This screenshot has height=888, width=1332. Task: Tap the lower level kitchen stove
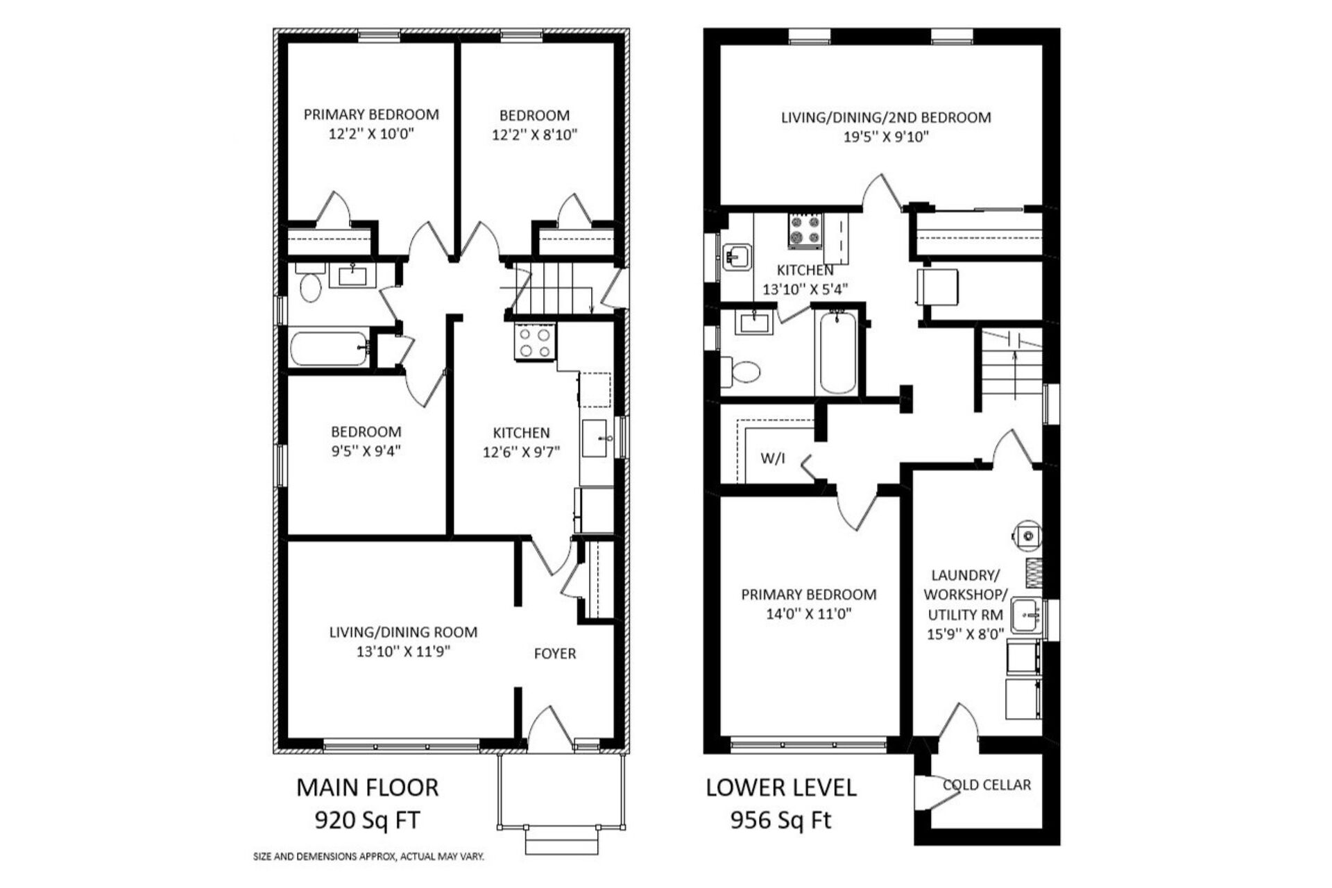[x=805, y=230]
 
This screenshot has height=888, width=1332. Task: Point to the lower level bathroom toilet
[x=740, y=371]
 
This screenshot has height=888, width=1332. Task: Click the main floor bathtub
[x=330, y=349]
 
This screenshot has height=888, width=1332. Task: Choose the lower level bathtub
[x=838, y=353]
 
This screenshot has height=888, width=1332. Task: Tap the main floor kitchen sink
[x=595, y=438]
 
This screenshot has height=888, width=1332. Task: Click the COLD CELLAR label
[x=987, y=785]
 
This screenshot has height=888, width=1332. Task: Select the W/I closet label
[x=773, y=458]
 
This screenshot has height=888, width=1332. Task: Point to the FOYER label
[x=555, y=654]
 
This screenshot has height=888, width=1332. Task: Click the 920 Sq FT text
[x=368, y=821]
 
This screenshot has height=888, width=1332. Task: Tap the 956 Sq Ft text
[x=780, y=821]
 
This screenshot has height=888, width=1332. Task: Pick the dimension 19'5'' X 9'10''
[x=886, y=137]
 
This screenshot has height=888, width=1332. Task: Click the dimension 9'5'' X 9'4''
[x=366, y=451]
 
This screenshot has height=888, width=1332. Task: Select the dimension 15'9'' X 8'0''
[x=966, y=633]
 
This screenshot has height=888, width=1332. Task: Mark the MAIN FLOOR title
[x=368, y=787]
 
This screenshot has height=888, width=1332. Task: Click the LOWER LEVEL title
[x=781, y=787]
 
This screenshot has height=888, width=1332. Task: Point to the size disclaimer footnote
[x=368, y=857]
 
